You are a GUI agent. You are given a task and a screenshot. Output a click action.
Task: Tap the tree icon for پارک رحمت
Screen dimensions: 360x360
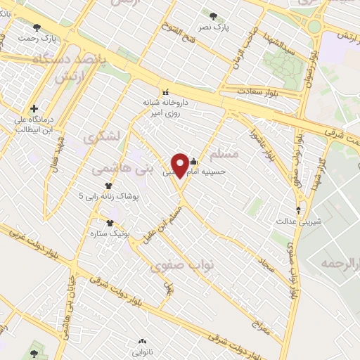point(37,27)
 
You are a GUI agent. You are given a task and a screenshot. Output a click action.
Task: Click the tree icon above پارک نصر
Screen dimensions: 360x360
point(213,14)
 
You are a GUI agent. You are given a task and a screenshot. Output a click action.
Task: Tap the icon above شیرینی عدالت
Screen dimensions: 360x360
point(299,210)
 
